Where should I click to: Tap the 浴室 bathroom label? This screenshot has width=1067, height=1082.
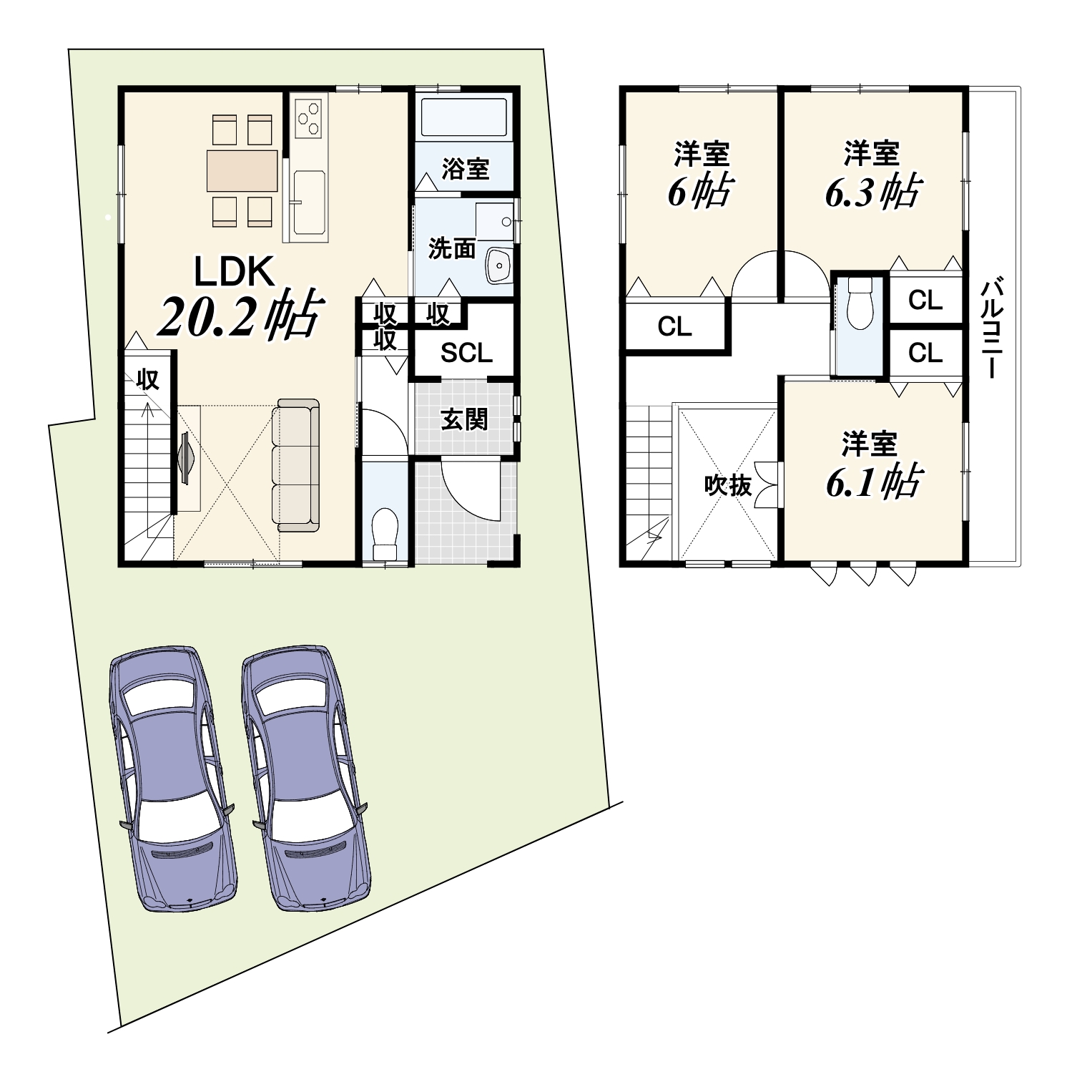coord(466,169)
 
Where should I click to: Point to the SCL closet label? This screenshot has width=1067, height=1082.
coord(466,353)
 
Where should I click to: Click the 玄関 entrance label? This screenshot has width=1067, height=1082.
coord(464,419)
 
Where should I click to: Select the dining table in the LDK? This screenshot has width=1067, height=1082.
coord(242,171)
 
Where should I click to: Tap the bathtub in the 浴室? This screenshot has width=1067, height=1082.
coord(466,117)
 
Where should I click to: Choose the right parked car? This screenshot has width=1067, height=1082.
coord(307,778)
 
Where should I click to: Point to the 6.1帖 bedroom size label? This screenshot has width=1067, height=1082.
coord(872,482)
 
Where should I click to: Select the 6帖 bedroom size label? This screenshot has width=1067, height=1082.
coord(700,191)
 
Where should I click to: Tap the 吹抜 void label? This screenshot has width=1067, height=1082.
coord(727,485)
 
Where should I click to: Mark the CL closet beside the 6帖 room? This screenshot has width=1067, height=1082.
coord(674,327)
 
